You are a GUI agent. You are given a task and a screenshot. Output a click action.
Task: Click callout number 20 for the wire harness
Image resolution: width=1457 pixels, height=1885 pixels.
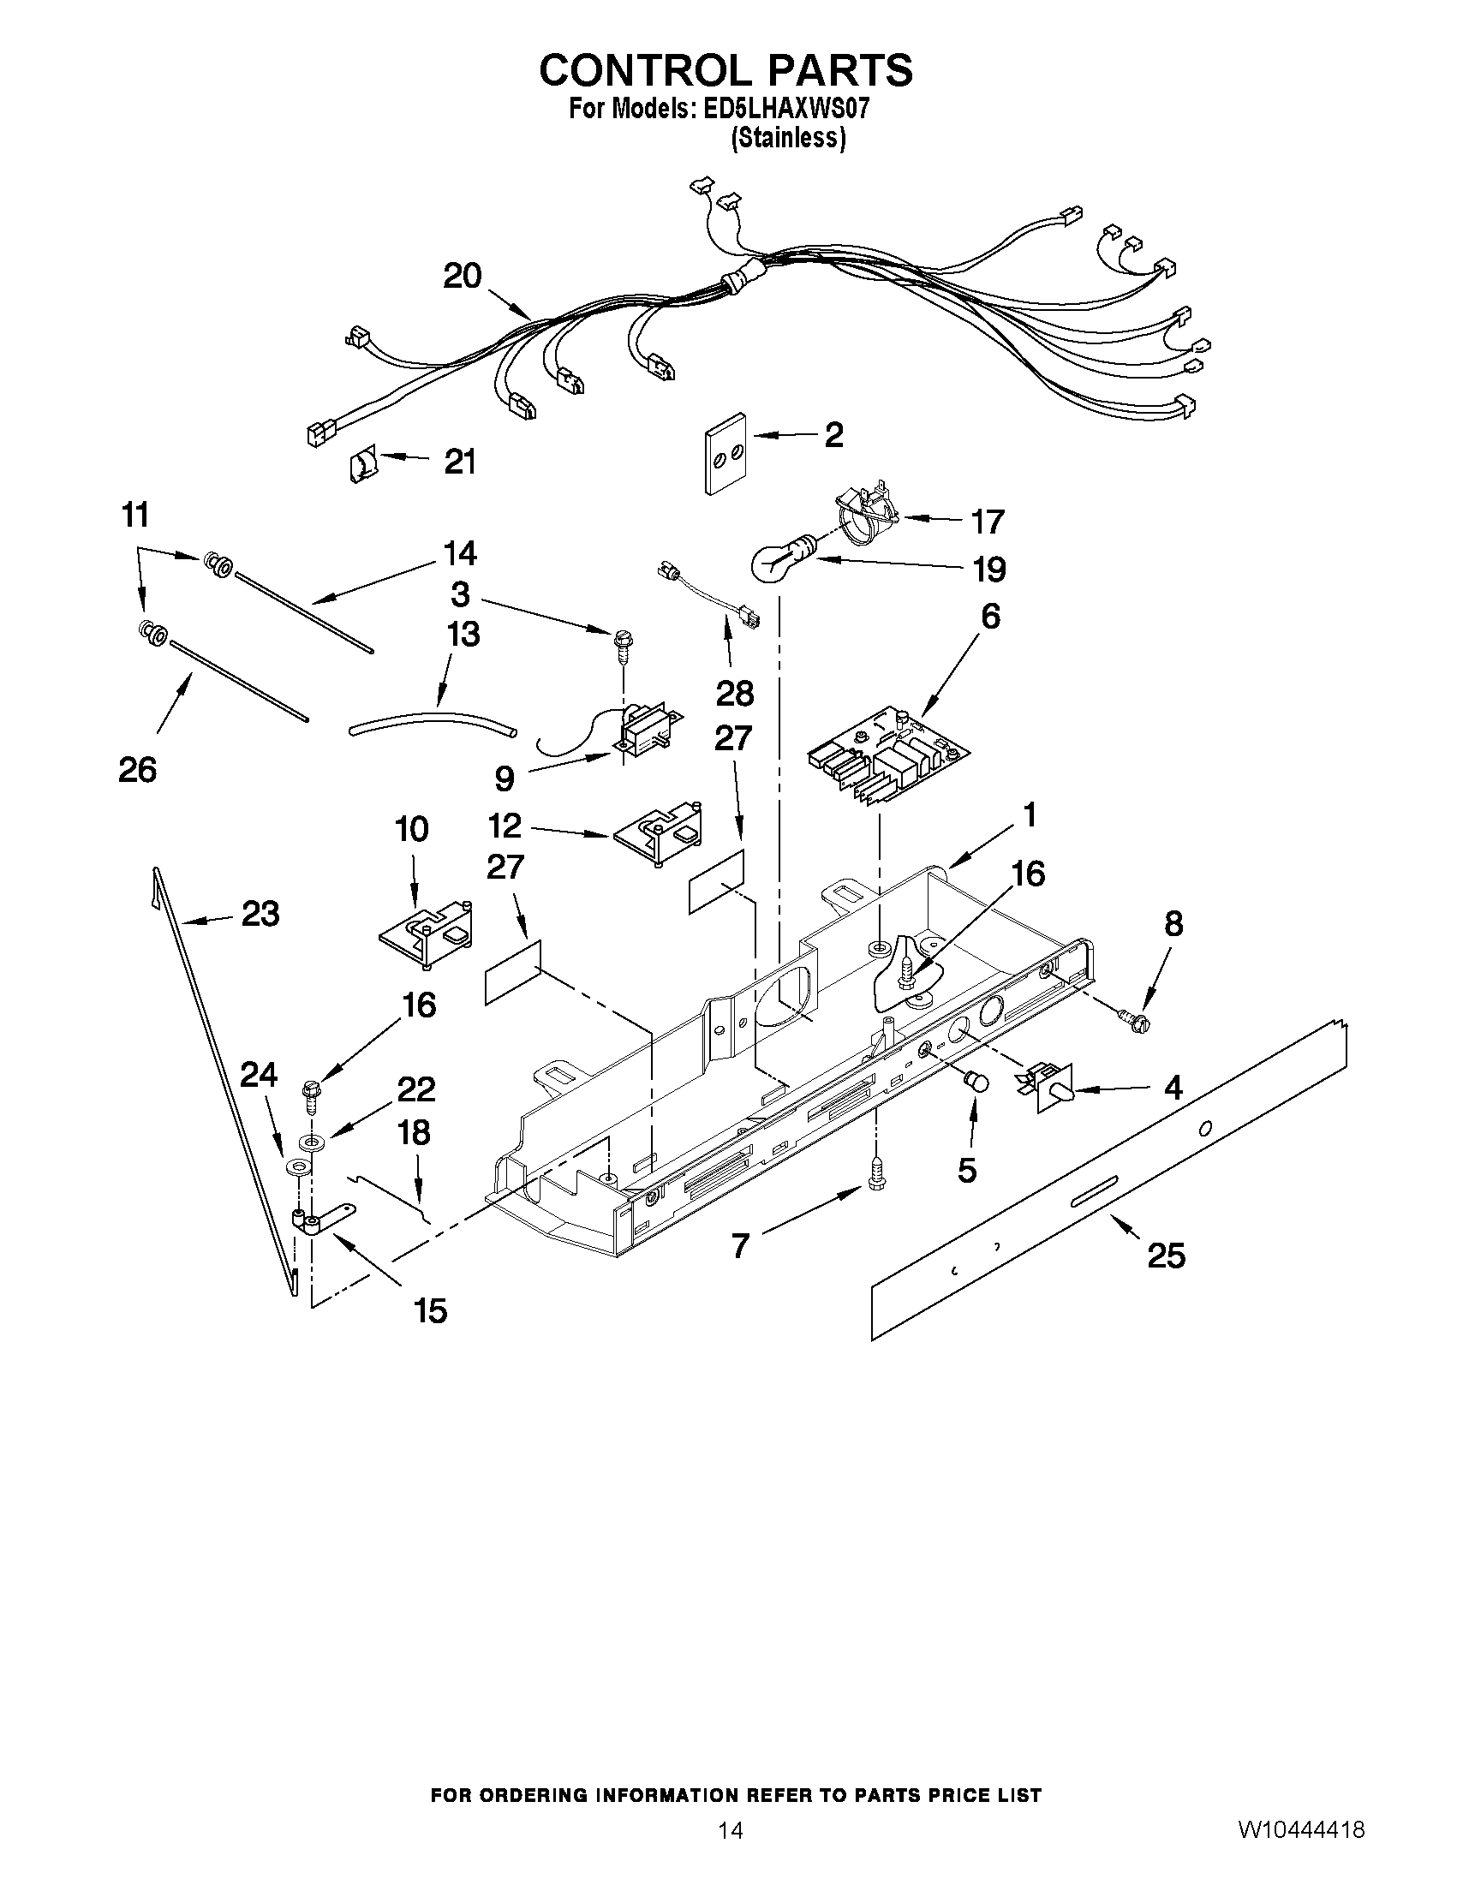coord(462,277)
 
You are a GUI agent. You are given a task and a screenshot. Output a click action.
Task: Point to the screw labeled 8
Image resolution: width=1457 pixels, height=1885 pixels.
coord(1134,1020)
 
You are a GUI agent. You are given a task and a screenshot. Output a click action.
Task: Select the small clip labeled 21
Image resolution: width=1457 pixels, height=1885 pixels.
coord(362,467)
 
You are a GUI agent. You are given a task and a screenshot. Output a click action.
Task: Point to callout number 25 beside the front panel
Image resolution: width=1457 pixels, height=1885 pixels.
coord(1165,1255)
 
